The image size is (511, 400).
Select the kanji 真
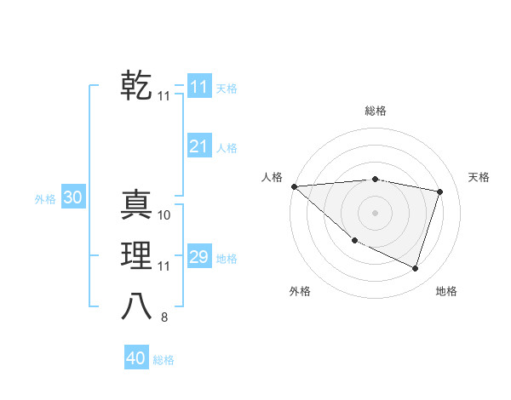point(136,205)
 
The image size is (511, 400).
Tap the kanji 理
point(136,255)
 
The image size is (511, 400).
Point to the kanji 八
point(136,306)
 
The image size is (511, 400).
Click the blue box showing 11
point(198,87)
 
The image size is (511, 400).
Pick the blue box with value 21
point(198,146)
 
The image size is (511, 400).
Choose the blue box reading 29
point(198,257)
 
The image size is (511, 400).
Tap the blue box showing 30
point(72,197)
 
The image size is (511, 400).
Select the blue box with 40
point(136,358)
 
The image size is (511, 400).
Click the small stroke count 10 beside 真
point(164,215)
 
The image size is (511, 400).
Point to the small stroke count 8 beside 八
point(164,317)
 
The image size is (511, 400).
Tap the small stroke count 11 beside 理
point(164,266)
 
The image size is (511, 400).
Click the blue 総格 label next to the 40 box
point(164,360)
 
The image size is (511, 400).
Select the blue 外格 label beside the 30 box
point(45,199)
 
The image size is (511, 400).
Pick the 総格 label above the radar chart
point(375,111)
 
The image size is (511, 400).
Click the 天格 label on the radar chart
point(479,177)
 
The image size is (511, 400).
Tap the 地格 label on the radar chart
point(446,291)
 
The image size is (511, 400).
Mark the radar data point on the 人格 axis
point(294,186)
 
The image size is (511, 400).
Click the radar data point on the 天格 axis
point(440,191)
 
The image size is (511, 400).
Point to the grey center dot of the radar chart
point(375,212)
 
